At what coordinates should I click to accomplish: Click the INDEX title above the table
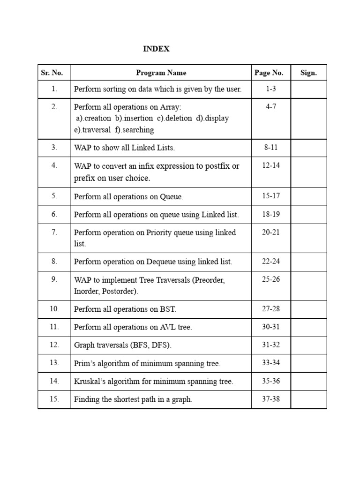(156, 49)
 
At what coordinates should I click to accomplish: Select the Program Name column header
(161, 73)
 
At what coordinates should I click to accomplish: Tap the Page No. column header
(269, 73)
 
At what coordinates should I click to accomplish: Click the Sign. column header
(308, 73)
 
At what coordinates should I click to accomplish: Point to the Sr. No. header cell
(52, 73)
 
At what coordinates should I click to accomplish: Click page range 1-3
(271, 89)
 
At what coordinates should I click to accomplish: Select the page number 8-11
(271, 147)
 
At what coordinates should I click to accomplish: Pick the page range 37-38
(271, 399)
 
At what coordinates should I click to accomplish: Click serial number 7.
(54, 232)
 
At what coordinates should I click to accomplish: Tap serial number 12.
(54, 345)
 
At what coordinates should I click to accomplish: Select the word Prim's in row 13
(85, 363)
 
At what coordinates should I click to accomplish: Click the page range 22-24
(271, 262)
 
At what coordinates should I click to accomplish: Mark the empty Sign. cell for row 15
(308, 399)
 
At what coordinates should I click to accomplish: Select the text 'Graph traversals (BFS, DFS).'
(123, 345)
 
